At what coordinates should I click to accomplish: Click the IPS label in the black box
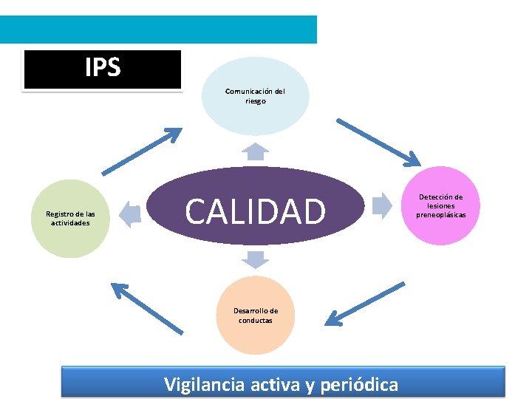click(x=103, y=68)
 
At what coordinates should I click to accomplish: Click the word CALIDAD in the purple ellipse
click(x=255, y=211)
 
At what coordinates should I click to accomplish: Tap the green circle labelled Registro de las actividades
click(x=70, y=218)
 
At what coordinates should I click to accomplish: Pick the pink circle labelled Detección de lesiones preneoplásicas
click(x=440, y=206)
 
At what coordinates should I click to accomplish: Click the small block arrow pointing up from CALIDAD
click(x=256, y=151)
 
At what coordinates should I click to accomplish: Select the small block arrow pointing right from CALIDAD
click(x=381, y=205)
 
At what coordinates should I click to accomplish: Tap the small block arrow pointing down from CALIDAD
click(x=256, y=259)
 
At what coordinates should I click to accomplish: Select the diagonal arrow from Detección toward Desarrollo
click(x=365, y=304)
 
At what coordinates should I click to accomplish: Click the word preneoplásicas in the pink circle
click(x=440, y=215)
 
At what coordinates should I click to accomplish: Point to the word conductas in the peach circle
click(x=256, y=321)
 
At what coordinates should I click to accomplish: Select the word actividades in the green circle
click(x=70, y=222)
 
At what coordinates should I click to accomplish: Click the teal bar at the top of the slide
click(x=158, y=30)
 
